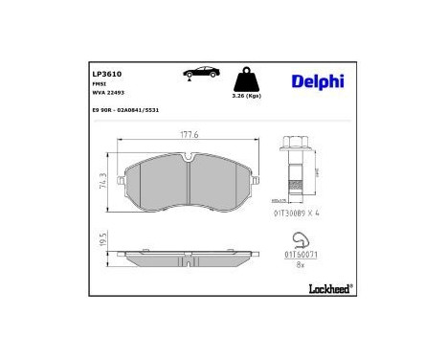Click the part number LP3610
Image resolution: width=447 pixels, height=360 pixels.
(x=105, y=72)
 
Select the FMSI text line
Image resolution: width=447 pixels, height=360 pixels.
(x=99, y=83)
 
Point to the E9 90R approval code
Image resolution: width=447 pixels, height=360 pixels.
(x=125, y=111)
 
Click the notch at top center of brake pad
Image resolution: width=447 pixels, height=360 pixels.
(x=189, y=161)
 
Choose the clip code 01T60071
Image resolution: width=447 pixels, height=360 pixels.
(x=300, y=256)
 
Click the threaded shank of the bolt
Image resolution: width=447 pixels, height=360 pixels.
(x=295, y=176)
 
